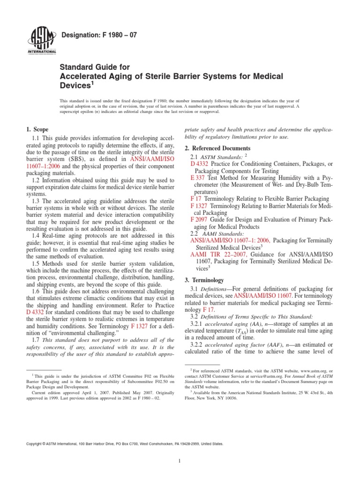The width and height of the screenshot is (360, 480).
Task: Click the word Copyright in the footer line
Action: pos(36,430)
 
